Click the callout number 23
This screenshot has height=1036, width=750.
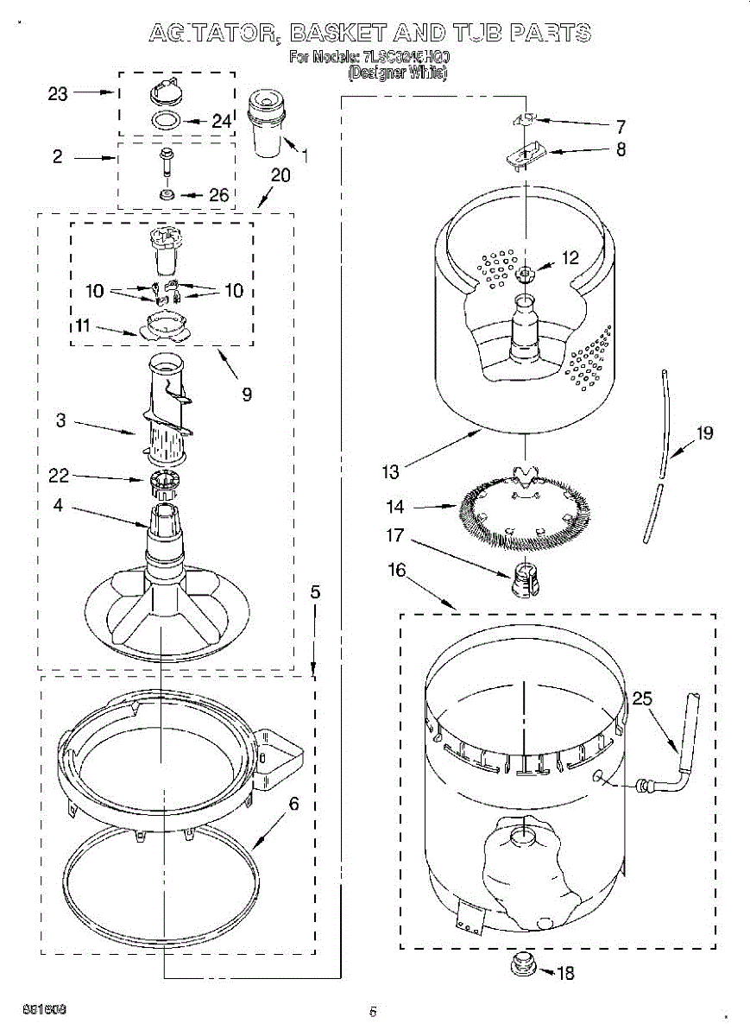point(58,94)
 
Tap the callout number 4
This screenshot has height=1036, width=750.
point(58,506)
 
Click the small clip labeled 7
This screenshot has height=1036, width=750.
point(527,119)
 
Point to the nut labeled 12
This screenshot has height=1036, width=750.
point(526,275)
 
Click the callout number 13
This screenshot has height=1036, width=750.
point(391,471)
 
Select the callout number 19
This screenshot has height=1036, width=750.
point(704,433)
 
